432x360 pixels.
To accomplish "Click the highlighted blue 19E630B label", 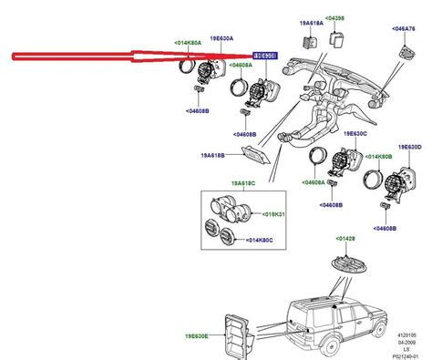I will pyautogui.click(x=265, y=56).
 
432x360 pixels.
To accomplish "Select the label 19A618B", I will pyautogui.click(x=215, y=155).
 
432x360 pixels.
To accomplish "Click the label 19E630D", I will pyautogui.click(x=408, y=147).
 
